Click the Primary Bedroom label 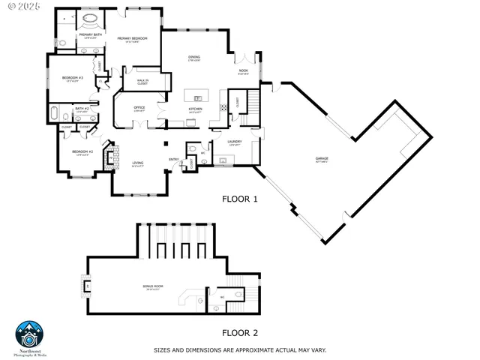132,40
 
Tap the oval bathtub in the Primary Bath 89,17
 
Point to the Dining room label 193,58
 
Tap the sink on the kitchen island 198,97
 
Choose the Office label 139,109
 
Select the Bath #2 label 82,110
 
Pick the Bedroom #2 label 82,153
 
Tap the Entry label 173,159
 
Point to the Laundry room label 235,142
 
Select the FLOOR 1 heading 239,199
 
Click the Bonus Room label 153,287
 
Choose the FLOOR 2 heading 239,332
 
